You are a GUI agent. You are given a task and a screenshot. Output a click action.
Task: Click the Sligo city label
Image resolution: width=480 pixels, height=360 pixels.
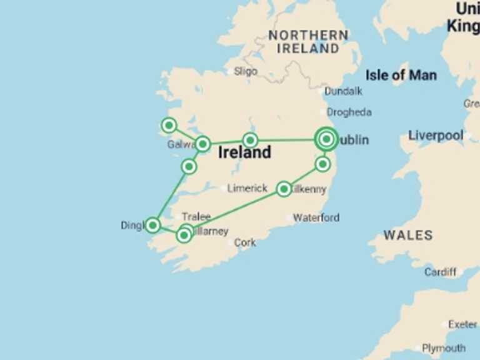[245, 71]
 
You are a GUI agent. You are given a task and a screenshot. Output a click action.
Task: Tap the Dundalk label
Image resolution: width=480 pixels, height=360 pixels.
[343, 91]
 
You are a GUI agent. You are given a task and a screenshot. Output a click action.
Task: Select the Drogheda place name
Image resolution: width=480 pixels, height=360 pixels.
[349, 112]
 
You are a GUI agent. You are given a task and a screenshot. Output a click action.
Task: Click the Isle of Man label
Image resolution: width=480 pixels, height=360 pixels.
[401, 76]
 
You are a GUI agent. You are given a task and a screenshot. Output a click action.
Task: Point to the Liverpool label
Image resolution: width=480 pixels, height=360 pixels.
[436, 136]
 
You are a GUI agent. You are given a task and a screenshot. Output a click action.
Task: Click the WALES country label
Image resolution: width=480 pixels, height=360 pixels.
[407, 236]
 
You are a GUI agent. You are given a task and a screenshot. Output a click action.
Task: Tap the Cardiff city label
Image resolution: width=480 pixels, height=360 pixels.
[440, 272]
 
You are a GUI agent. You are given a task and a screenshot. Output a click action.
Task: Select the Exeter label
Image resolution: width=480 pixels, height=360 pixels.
[462, 324]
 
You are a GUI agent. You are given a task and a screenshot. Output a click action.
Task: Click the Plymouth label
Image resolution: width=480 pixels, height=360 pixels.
[443, 348]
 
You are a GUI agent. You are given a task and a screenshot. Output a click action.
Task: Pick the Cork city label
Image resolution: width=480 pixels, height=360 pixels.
[245, 242]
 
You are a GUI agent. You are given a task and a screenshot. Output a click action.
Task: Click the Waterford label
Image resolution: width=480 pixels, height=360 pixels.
[316, 217]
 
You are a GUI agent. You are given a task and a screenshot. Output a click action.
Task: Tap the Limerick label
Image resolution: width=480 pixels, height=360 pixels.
[247, 188]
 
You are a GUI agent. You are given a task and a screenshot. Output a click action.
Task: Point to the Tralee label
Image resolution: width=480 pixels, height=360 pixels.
[196, 217]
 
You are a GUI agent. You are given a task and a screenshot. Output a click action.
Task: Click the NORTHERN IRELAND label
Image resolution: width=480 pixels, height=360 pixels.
[307, 42]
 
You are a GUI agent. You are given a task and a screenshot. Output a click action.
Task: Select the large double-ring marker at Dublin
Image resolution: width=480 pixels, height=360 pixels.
[326, 139]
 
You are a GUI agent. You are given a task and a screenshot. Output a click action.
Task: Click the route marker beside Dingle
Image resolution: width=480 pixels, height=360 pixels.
[152, 225]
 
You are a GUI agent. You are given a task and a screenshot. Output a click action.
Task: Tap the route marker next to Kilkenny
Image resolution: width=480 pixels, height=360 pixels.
[284, 189]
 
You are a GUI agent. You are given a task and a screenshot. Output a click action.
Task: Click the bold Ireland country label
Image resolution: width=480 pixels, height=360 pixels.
[244, 152]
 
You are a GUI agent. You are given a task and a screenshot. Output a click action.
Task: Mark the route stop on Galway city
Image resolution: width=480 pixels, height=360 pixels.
[202, 144]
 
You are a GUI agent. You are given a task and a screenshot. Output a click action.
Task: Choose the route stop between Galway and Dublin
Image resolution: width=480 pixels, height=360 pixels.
[250, 140]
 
